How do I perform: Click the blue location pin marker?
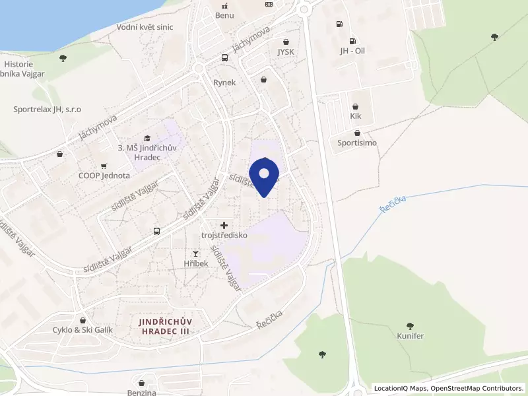coord(264,176)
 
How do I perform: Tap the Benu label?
coord(224,15)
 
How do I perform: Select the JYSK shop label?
coord(286,51)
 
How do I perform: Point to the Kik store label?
coord(356,116)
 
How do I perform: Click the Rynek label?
coord(224,82)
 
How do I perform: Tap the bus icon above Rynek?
coord(225,57)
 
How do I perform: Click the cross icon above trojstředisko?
coord(224,226)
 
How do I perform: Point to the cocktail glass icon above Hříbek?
coord(195,253)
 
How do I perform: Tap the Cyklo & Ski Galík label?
coord(83,329)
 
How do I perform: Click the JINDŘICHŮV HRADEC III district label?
coord(169,326)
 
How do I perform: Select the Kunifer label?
coord(410,336)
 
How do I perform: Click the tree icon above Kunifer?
coord(410,325)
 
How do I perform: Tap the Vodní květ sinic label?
coord(145,27)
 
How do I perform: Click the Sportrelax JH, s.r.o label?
coord(47,110)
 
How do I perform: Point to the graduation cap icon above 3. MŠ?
coord(146,137)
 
